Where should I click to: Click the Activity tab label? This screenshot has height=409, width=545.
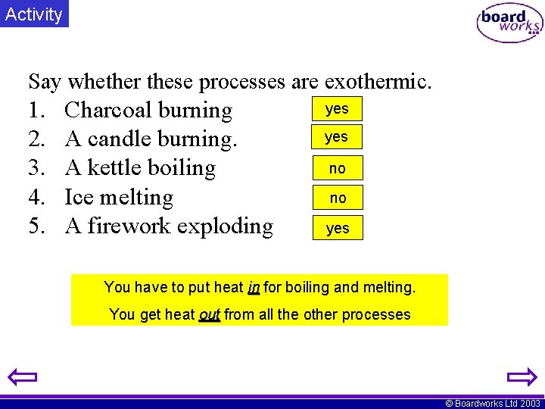pyautogui.click(x=33, y=14)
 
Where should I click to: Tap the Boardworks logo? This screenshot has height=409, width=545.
pyautogui.click(x=509, y=23)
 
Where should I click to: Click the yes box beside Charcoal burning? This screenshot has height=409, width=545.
pyautogui.click(x=337, y=108)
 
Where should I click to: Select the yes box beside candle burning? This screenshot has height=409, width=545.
pyautogui.click(x=337, y=137)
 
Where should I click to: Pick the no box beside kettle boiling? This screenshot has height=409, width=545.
pyautogui.click(x=338, y=168)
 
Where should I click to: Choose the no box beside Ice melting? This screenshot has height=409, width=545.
pyautogui.click(x=338, y=198)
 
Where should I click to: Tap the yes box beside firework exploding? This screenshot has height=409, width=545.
pyautogui.click(x=338, y=227)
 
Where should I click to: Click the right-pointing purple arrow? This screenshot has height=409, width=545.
pyautogui.click(x=521, y=377)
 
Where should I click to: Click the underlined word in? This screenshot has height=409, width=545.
pyautogui.click(x=254, y=287)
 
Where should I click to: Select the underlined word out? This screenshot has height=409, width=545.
pyautogui.click(x=209, y=314)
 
